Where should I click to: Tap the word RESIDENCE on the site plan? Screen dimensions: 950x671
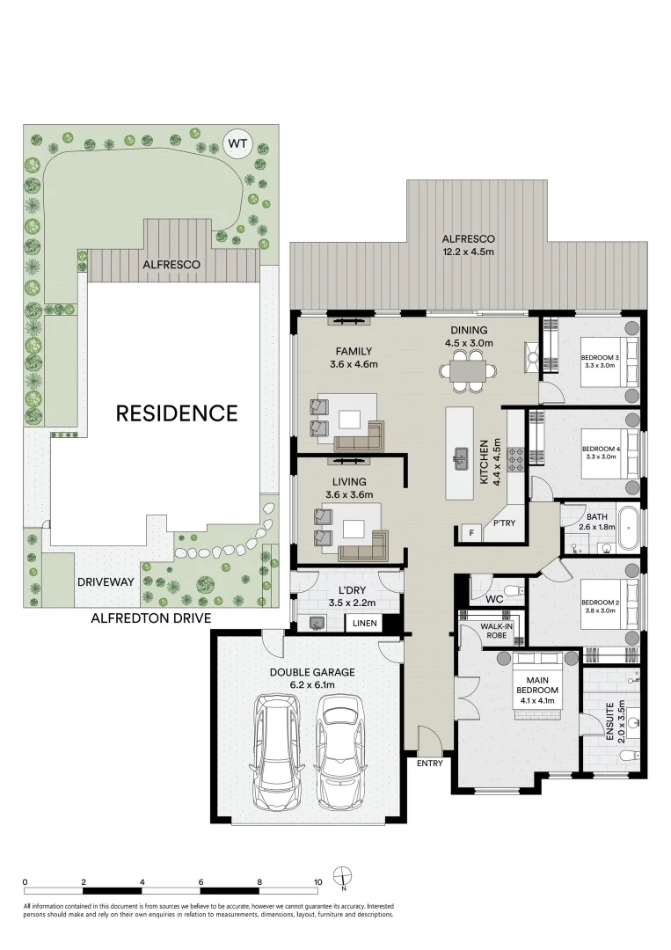[x=177, y=413]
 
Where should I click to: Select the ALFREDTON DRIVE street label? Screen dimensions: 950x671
[x=151, y=618]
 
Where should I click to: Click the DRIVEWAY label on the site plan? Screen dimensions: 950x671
[x=105, y=582]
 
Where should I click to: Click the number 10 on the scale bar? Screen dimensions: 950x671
[x=317, y=881]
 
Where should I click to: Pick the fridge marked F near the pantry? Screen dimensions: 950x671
[x=471, y=532]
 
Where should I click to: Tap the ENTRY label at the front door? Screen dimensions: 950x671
[x=430, y=763]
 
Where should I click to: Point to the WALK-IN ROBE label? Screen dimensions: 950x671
[x=489, y=631]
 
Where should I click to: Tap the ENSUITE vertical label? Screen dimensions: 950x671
[x=609, y=720]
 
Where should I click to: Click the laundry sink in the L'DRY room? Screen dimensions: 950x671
[x=316, y=624]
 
